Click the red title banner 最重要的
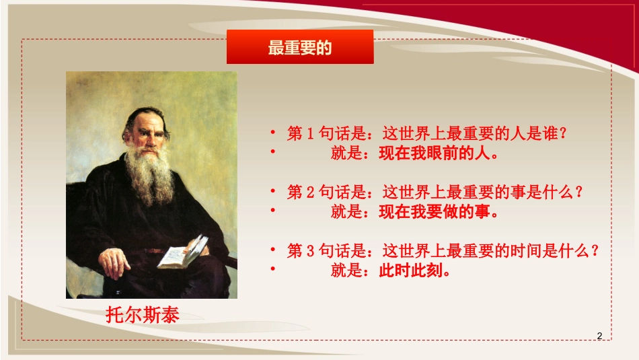(x=299, y=48)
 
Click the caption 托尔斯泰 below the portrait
(x=143, y=315)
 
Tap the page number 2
(x=599, y=336)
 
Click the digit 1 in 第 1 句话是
(x=311, y=134)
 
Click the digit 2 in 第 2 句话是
(x=311, y=193)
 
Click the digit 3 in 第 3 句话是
(x=311, y=252)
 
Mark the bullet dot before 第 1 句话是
(x=274, y=132)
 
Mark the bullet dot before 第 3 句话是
(x=274, y=250)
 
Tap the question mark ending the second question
(x=576, y=193)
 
